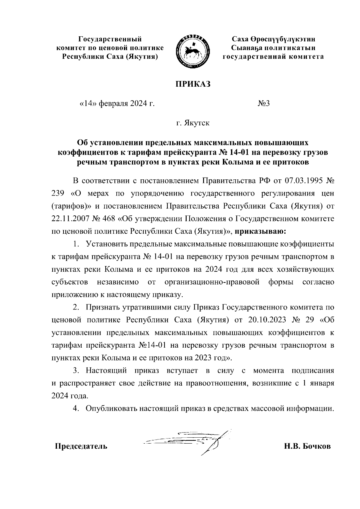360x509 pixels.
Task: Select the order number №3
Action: pos(264,104)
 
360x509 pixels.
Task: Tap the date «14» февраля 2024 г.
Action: pos(116,104)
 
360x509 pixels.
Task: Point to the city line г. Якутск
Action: pos(193,123)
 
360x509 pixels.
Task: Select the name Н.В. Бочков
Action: pos(307,446)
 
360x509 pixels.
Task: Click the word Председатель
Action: pos(81,446)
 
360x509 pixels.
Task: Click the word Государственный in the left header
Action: pos(110,39)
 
